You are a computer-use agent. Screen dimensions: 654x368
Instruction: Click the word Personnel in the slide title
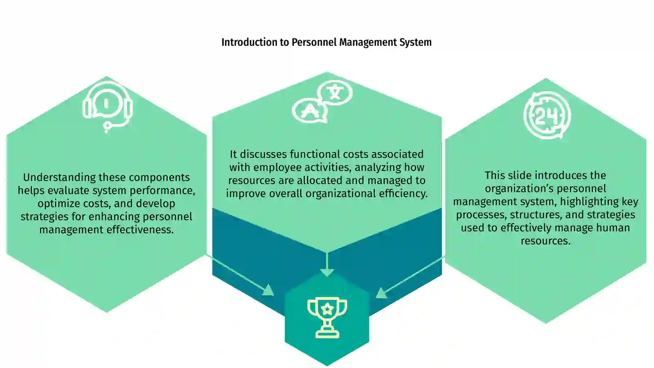314,43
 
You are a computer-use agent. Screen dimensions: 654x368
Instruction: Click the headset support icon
108,107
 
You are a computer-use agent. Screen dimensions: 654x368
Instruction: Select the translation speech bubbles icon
323,101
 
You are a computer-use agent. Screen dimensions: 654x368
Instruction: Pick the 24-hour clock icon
547,115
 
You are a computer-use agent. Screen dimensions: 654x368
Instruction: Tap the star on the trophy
327,308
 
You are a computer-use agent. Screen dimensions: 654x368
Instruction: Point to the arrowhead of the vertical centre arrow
327,273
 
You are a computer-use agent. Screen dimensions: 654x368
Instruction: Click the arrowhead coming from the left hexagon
268,290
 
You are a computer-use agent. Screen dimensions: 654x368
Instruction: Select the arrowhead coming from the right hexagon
381,293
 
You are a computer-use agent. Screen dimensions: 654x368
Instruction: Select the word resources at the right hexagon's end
545,241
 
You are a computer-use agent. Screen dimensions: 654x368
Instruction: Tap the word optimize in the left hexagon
56,204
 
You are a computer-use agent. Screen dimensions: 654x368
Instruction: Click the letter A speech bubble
309,111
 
